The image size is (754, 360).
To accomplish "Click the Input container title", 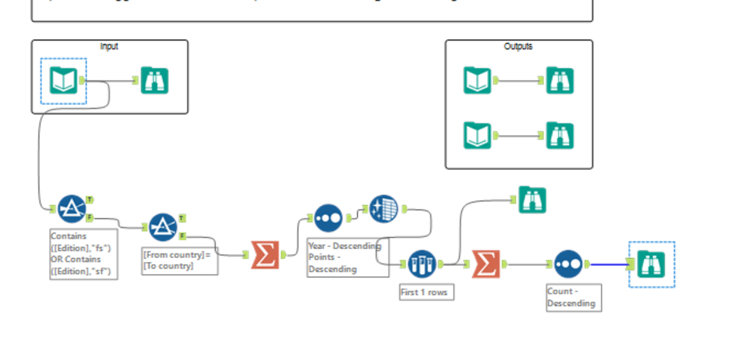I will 109,46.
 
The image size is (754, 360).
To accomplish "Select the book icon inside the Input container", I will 63,81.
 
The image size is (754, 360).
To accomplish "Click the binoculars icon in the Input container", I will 154,80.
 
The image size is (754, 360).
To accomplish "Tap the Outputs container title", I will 518,46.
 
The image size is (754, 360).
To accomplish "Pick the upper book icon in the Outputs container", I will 477,80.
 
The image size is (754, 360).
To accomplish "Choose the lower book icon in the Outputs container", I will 477,136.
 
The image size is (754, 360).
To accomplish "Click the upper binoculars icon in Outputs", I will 560,80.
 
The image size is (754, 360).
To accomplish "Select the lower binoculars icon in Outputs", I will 560,136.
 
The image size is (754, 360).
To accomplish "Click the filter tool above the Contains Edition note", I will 72,208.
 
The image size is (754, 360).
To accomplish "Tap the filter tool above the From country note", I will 162,227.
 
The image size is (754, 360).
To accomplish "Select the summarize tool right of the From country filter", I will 265,255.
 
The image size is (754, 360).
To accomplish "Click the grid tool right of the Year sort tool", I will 383,209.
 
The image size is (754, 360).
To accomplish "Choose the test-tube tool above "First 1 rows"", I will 422,264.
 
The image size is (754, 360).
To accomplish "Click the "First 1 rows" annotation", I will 426,292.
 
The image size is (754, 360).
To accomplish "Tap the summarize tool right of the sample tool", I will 486,264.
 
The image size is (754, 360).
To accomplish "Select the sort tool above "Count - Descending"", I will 568,264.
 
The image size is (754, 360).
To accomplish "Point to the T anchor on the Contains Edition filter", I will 90,199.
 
